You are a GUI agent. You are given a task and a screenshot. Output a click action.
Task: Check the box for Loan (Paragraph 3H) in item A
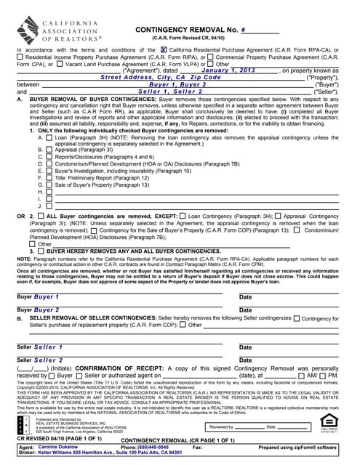click(x=49, y=137)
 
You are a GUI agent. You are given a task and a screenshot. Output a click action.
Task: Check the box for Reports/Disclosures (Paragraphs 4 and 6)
click(x=49, y=156)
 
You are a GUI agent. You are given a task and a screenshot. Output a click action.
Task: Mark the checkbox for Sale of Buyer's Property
click(x=49, y=185)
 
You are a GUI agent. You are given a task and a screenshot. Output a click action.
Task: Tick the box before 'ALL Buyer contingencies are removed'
click(x=41, y=216)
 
